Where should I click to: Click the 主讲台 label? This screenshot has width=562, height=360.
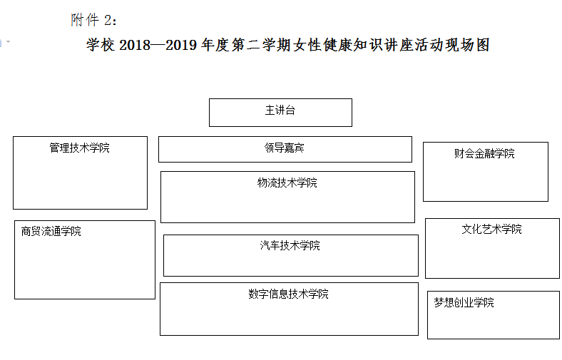280,110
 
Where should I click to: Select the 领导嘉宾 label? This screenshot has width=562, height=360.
285,148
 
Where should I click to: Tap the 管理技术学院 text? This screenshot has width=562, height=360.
79,148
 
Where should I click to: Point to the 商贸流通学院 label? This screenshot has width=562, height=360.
51,231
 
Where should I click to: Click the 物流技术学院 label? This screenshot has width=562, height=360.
287,182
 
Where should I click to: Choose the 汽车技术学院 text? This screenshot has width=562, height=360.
290,245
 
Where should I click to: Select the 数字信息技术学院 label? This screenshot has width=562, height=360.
289,294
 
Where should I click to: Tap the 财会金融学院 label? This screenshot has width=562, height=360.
484,153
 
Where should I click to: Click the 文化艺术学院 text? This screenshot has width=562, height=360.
491,229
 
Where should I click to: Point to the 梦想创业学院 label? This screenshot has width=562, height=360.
464,302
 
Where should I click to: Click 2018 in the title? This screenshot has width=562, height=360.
135,45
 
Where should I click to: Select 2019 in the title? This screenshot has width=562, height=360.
181,45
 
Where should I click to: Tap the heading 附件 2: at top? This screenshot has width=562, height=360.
93,20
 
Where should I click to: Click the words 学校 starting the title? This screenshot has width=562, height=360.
101,45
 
